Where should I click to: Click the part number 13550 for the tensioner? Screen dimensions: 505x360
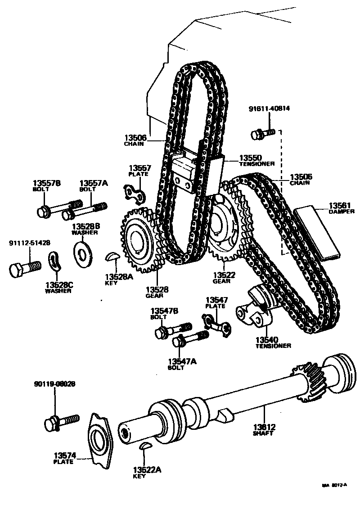(x=250, y=158)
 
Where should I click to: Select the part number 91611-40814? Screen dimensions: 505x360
(x=269, y=109)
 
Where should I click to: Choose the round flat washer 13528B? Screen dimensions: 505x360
(x=83, y=252)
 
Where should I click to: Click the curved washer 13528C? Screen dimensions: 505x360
(x=56, y=263)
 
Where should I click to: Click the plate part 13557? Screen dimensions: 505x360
(x=135, y=192)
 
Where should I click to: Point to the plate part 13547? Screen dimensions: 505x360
(x=218, y=324)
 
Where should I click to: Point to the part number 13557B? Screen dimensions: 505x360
(x=47, y=183)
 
